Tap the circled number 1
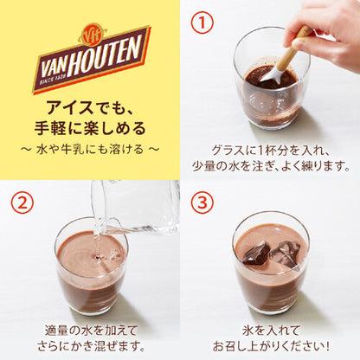pyautogui.click(x=202, y=22)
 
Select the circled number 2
pyautogui.click(x=22, y=202)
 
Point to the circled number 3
pyautogui.click(x=202, y=202)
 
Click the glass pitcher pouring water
pyautogui.click(x=134, y=203)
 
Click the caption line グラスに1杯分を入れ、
pyautogui.click(x=269, y=148)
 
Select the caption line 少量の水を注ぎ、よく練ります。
pyautogui.click(x=269, y=164)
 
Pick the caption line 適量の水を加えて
pyautogui.click(x=91, y=328)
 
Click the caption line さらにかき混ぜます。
pyautogui.click(x=91, y=344)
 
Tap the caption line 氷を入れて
pyautogui.click(x=269, y=328)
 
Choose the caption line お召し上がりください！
pyautogui.click(x=269, y=344)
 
